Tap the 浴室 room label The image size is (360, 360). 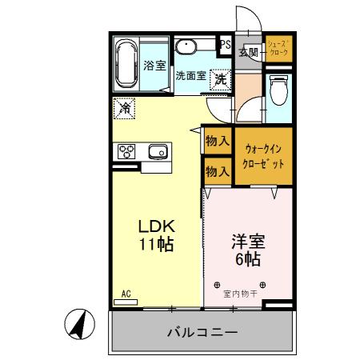pyautogui.click(x=154, y=67)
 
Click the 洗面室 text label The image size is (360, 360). pyautogui.click(x=191, y=76)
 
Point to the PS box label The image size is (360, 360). pyautogui.click(x=226, y=46)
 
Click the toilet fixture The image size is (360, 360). pyautogui.click(x=278, y=90)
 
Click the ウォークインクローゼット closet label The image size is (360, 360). pyautogui.click(x=263, y=154)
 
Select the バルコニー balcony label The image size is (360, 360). pyautogui.click(x=202, y=331)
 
